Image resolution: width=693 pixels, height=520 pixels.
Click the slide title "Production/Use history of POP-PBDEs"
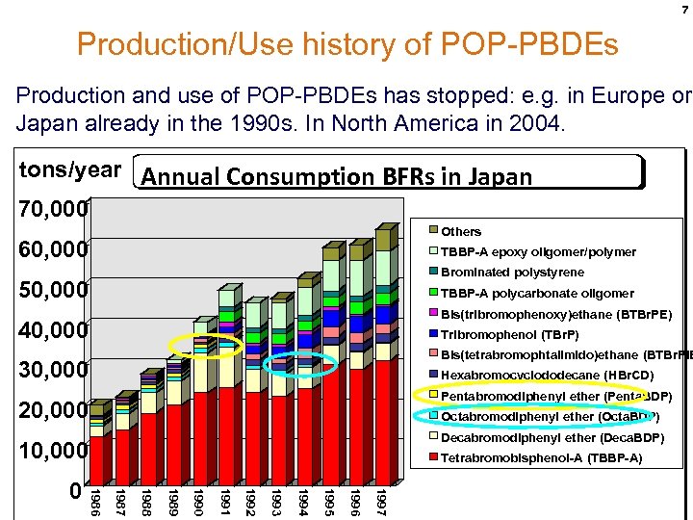pos(346,44)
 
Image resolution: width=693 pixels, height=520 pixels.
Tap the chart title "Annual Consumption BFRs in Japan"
pos(336,175)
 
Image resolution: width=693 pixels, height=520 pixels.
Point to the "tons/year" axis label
pos(71,170)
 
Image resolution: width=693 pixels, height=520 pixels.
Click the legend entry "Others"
pos(461,231)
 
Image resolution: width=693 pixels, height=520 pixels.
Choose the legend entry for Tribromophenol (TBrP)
pos(509,334)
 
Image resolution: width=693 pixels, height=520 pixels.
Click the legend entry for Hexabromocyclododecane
pos(547,375)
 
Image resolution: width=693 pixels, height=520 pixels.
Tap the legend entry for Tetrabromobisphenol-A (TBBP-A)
pos(541,457)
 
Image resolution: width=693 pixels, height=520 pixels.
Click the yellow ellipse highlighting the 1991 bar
pos(205,346)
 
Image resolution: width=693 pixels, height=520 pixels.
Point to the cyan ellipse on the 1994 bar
pos(299,363)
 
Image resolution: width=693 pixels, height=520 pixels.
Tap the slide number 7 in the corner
pos(680,9)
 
